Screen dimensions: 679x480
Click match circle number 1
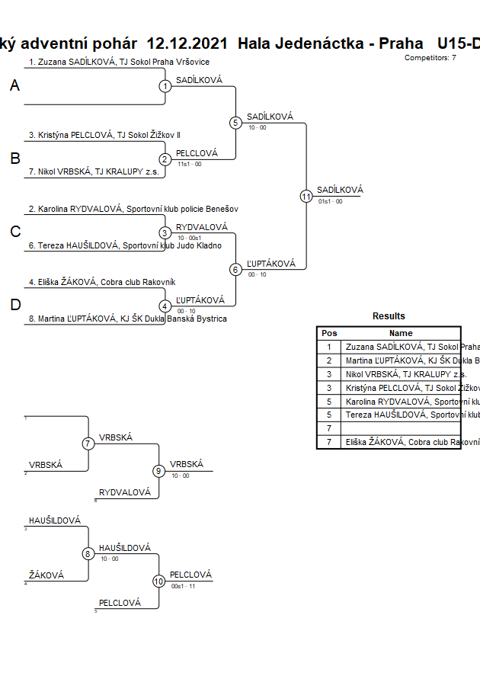(x=165, y=86)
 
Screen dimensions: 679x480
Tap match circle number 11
(x=306, y=196)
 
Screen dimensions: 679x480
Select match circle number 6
(x=235, y=269)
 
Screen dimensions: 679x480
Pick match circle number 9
(x=159, y=470)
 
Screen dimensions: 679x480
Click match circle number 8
(x=88, y=554)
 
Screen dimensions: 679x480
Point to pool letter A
(x=14, y=86)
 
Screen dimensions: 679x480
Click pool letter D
(x=14, y=306)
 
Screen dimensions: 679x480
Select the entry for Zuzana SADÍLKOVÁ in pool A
(x=119, y=62)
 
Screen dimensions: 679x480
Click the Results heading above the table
(x=389, y=315)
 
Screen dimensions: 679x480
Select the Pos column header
(x=329, y=333)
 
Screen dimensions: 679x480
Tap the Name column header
(x=401, y=333)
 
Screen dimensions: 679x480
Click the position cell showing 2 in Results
(x=329, y=360)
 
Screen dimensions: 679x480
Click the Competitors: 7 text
(x=430, y=58)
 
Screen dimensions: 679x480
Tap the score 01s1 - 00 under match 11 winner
(x=330, y=201)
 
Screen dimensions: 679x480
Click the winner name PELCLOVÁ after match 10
(x=190, y=575)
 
